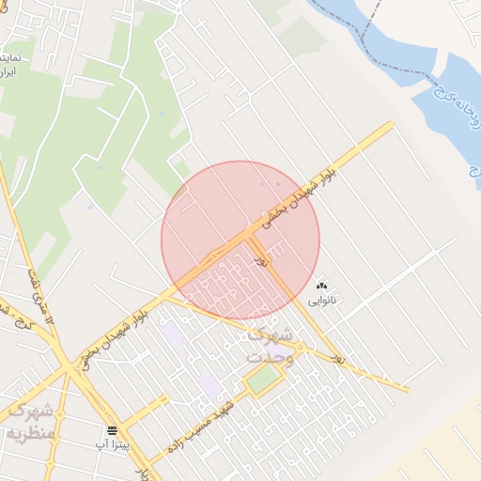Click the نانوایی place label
(322, 301)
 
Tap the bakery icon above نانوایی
(322, 286)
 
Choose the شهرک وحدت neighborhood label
(272, 346)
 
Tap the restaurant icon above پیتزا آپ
(113, 430)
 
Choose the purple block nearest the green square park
(210, 385)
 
